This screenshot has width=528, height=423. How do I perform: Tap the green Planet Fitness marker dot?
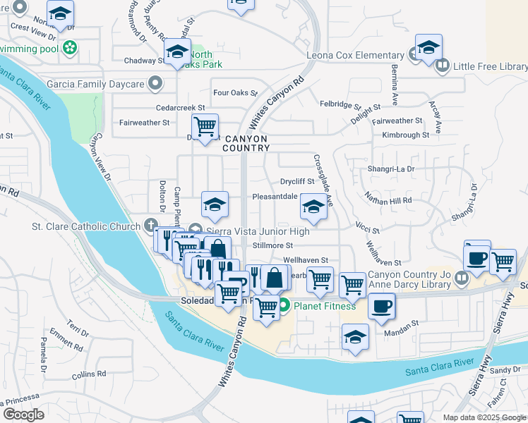coord(284,305)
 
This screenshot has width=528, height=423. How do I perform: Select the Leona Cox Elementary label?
coord(354,56)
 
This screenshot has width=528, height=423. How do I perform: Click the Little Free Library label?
coord(490,66)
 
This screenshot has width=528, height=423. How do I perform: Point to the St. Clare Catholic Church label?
coord(87,226)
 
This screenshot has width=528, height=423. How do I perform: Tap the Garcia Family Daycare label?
coord(95,84)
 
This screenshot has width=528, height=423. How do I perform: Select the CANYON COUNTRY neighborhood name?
coord(246,143)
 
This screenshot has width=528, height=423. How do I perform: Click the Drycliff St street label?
coord(296,181)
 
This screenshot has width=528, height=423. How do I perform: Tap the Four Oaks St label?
coord(235,92)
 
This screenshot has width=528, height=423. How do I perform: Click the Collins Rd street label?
coord(88,374)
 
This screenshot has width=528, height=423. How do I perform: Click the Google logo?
coord(23,415)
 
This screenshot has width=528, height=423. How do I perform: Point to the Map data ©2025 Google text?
coord(484,417)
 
